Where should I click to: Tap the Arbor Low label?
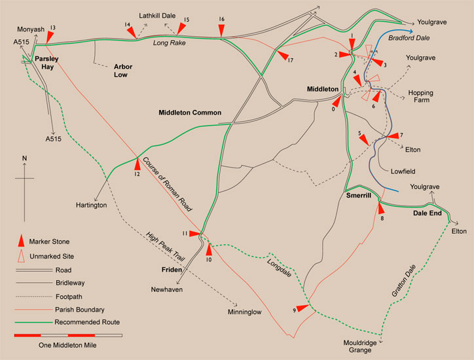tap(123, 71)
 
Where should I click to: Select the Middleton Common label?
tap(190, 113)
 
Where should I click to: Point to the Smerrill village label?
tap(359, 196)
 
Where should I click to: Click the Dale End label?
tap(428, 214)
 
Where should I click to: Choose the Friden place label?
tap(172, 269)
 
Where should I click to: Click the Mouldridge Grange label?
tap(366, 346)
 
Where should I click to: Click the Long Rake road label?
tap(170, 44)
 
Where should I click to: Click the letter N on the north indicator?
tap(24, 158)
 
